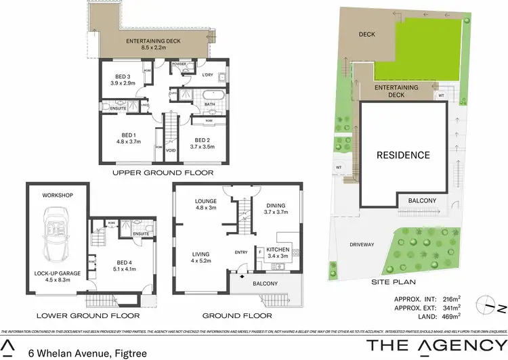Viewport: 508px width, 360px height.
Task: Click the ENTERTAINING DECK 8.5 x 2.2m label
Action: click(x=152, y=44)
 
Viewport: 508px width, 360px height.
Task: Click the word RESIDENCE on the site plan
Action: click(x=404, y=155)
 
